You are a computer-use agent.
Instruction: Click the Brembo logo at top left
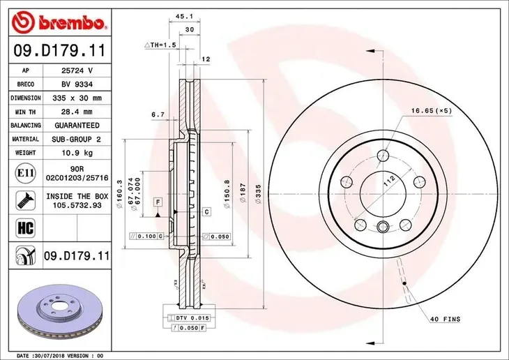59,22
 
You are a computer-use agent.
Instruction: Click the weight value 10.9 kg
77,153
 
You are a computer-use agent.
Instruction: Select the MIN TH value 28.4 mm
77,112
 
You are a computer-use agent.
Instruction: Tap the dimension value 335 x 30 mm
77,98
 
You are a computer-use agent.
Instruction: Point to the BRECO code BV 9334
77,84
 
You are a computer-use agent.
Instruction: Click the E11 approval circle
25,173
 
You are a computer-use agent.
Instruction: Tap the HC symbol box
25,227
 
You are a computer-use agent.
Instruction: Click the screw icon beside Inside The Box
25,200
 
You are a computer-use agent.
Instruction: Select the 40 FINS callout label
445,320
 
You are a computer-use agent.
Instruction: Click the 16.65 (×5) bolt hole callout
432,111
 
